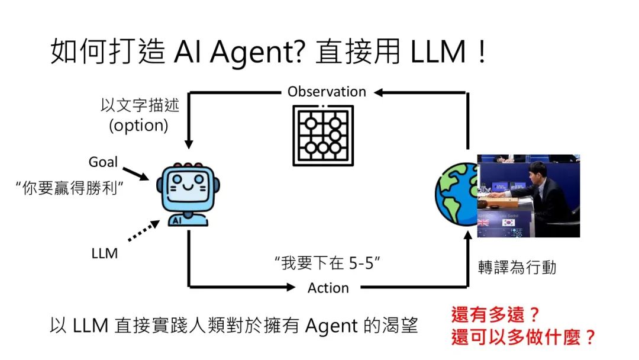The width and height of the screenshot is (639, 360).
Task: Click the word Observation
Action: click(x=327, y=92)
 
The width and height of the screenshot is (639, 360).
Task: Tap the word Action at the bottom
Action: click(x=328, y=288)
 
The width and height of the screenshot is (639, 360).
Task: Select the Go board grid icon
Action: click(x=323, y=136)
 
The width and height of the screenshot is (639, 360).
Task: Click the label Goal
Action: click(x=103, y=162)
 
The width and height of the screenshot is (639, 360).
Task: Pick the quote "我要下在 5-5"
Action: click(x=327, y=263)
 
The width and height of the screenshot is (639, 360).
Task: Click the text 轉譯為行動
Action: click(x=517, y=268)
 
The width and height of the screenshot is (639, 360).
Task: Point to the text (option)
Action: click(x=135, y=126)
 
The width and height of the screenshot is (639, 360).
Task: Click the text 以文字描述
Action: click(x=140, y=106)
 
